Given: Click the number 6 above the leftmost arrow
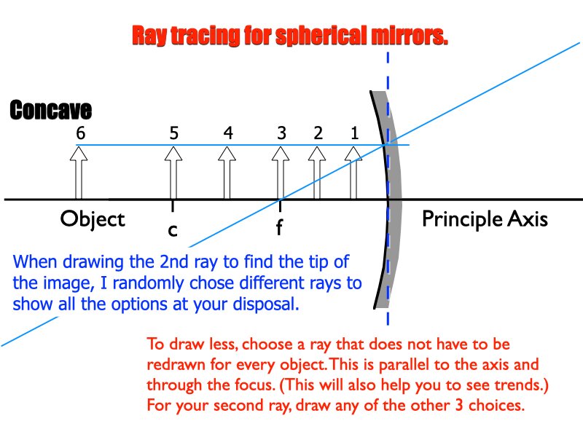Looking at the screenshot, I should point(80,133).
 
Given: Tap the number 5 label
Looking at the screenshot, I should point(173,133).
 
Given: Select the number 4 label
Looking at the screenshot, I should point(228,133).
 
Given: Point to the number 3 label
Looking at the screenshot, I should point(281,133).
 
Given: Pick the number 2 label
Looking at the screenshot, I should point(318,133).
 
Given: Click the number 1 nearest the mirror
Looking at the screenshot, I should point(354,133).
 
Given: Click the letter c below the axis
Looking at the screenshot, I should point(172,229).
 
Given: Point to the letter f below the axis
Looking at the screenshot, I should point(279,229).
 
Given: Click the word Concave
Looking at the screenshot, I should point(51,111).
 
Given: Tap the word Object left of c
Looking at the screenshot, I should point(93,219).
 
